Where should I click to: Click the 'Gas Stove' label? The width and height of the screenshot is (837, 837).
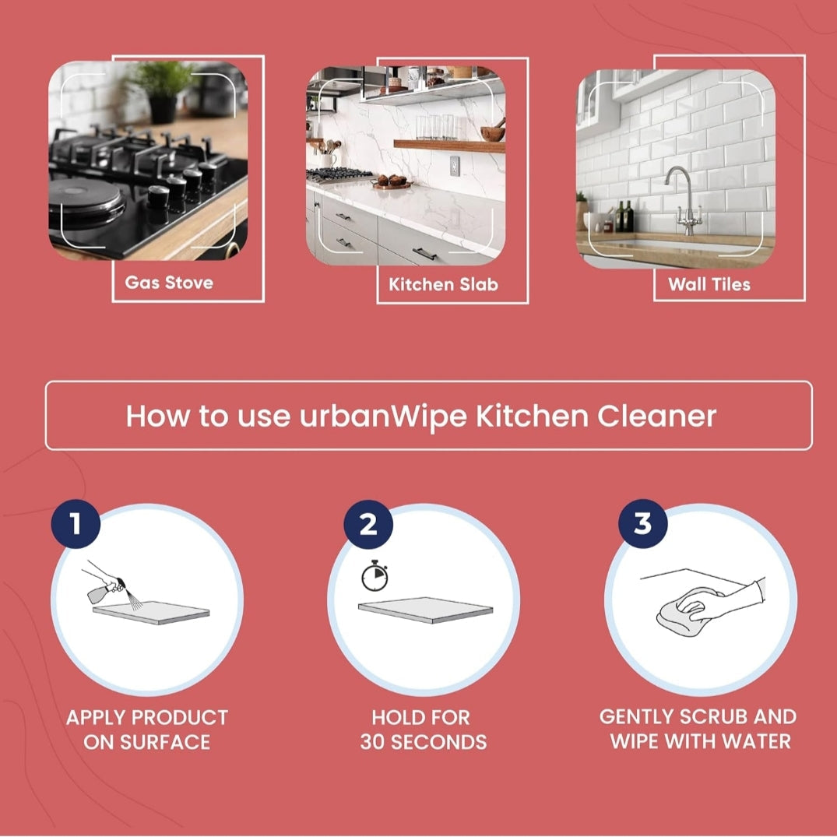[169, 283]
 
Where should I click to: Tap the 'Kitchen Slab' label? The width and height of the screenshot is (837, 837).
[443, 284]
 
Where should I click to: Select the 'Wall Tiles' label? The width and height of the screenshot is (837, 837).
[709, 284]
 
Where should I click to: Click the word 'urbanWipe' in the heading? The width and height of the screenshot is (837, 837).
[383, 417]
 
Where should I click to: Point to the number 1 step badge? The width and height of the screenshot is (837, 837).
[76, 524]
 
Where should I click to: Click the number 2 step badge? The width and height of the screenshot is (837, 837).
[368, 524]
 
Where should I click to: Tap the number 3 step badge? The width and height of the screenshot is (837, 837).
[642, 524]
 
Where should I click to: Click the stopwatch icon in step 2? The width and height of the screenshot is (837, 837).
[375, 576]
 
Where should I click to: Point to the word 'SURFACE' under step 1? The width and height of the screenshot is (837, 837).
[165, 742]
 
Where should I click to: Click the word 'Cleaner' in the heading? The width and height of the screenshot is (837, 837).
[656, 417]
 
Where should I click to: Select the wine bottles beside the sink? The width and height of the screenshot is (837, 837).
[624, 216]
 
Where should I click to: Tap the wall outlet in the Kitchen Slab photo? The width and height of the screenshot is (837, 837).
[454, 166]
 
